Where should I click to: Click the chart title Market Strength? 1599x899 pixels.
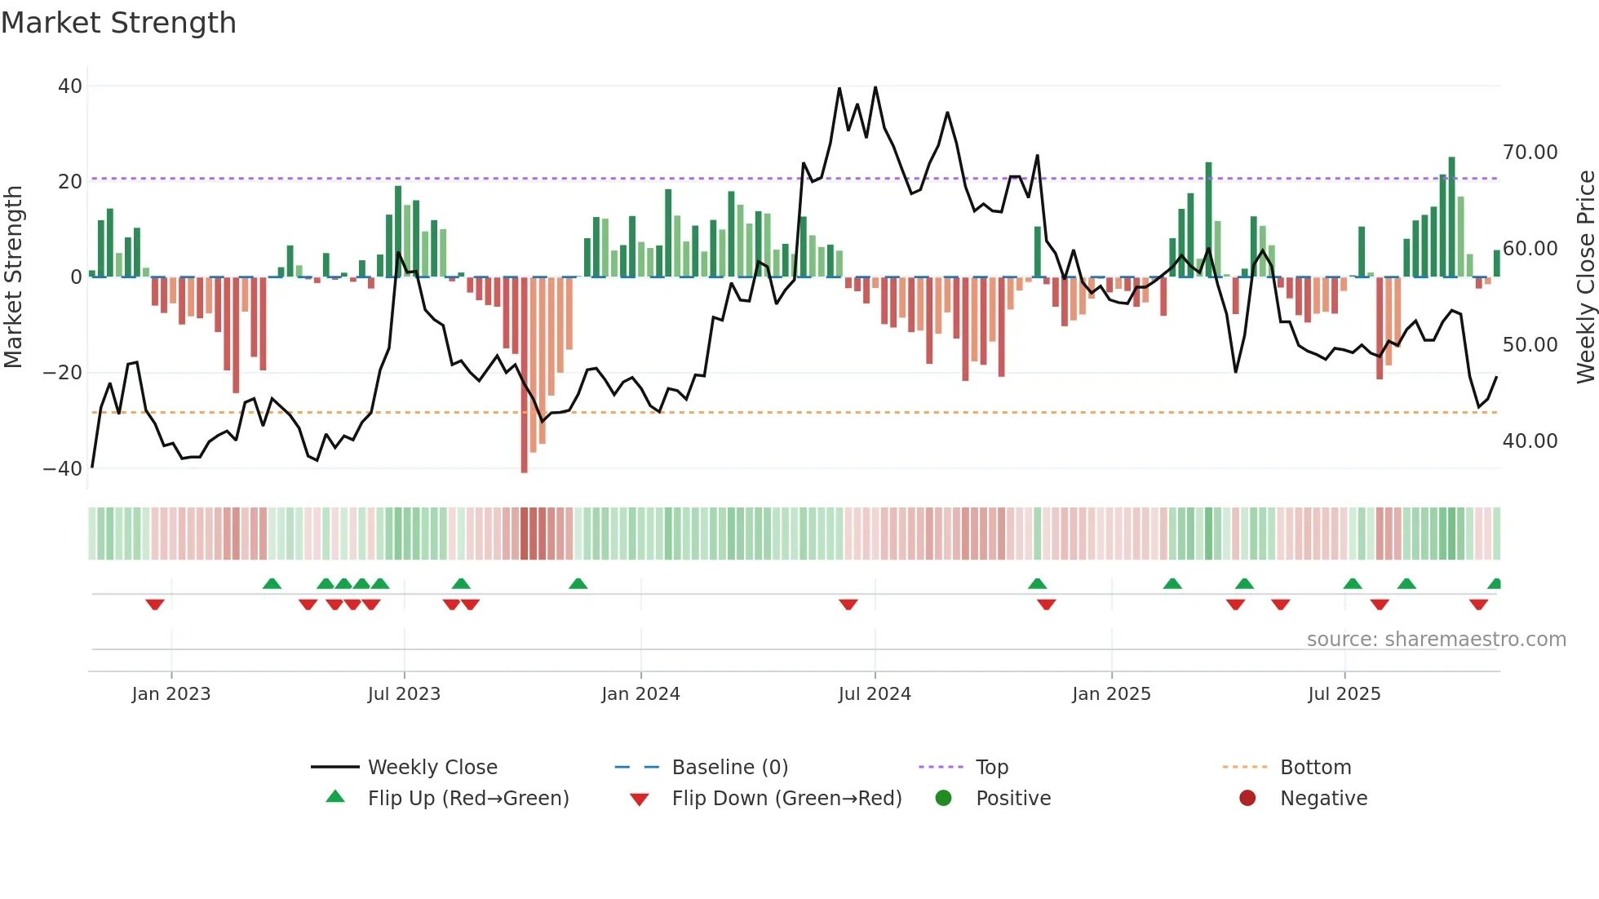118,23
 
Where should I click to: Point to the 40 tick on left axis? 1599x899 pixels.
70,86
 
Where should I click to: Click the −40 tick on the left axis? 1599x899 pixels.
63,468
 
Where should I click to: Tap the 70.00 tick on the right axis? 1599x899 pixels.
1530,153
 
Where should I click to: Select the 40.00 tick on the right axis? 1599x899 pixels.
1530,441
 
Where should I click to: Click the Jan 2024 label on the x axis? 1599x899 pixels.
640,694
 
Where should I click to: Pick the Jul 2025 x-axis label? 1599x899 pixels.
1344,694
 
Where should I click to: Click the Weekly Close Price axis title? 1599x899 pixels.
1585,277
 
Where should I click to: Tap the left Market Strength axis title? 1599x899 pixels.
14,277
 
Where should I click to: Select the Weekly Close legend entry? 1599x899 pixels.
432,768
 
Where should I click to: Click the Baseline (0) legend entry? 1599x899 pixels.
729,768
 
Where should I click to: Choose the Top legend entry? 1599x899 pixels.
991,768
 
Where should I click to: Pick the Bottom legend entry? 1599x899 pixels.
1315,768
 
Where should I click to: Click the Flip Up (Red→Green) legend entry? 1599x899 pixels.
467,799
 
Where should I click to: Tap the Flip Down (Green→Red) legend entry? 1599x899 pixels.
786,799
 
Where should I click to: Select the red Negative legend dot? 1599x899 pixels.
1247,799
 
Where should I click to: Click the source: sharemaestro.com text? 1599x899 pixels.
1436,640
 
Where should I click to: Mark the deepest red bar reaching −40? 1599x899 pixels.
524,375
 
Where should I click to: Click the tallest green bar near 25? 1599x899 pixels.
1451,216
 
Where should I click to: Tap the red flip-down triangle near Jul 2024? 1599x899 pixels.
848,604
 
